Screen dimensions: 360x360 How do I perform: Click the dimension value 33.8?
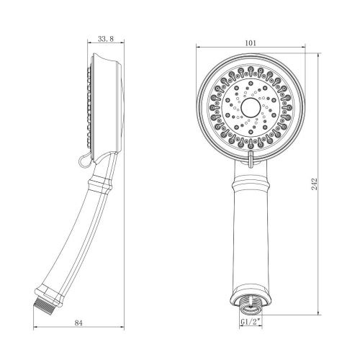pyautogui.click(x=105, y=41)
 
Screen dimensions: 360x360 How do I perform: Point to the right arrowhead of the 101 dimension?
pyautogui.click(x=302, y=49)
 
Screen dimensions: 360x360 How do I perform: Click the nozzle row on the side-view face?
pyautogui.click(x=88, y=104)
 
